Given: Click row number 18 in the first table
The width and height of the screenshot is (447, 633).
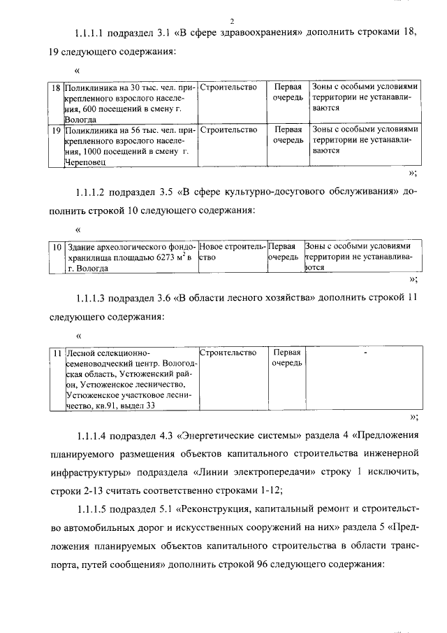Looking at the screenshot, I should click(x=56, y=89).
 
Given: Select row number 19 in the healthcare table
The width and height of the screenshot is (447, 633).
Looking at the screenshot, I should click(x=56, y=130).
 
